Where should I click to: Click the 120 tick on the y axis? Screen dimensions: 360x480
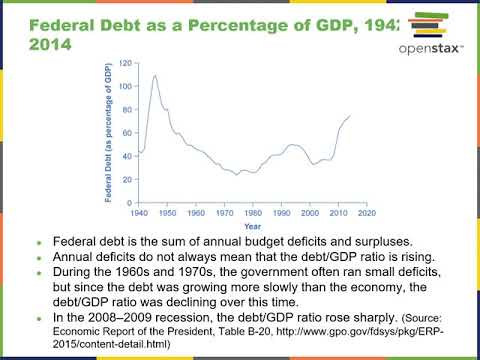pos(124,63)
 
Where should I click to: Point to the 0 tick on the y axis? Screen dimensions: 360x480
pos(127,204)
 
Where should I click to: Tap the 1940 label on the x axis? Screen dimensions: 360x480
pos(136,213)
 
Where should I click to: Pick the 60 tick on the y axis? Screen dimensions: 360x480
pos(126,133)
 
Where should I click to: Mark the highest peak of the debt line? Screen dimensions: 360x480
pos(155,76)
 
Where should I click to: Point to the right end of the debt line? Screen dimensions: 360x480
pos(350,116)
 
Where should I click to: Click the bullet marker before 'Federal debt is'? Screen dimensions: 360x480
pos(39,243)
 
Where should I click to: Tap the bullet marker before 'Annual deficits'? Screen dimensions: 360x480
pos(39,257)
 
